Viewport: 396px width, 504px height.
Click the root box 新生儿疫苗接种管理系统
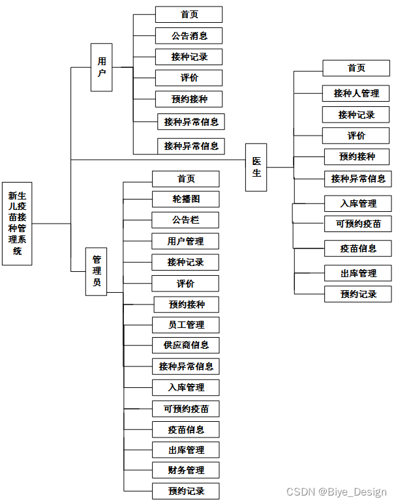(17, 223)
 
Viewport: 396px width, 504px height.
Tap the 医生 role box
(256, 167)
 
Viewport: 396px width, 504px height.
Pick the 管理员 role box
(96, 272)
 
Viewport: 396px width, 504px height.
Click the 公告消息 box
(189, 35)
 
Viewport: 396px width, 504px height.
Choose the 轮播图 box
(186, 199)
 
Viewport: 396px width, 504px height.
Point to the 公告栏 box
(186, 220)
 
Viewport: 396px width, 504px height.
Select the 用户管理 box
(186, 241)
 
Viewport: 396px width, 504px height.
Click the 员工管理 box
(186, 325)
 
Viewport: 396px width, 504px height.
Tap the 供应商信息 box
(186, 345)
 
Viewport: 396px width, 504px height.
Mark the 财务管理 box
(186, 470)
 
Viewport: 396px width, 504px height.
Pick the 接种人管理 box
(356, 93)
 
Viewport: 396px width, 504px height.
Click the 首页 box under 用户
(189, 14)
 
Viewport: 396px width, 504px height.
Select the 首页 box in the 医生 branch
(356, 68)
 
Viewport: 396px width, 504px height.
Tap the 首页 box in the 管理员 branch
(186, 179)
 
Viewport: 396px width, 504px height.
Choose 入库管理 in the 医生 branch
(359, 203)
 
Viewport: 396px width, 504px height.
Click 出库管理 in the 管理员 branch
(186, 450)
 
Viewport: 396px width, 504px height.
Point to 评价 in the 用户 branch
(189, 78)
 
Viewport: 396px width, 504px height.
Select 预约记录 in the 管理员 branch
(186, 491)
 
